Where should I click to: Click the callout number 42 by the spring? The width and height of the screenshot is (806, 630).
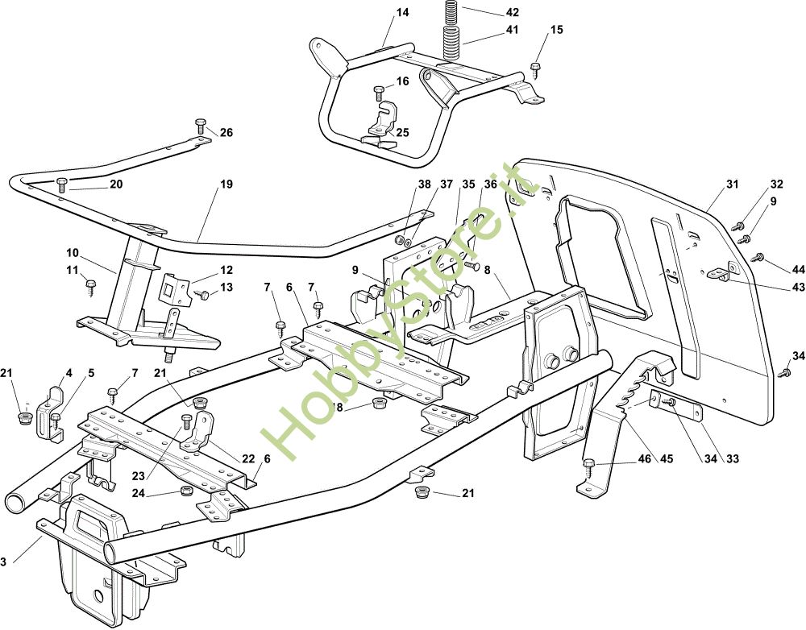click(x=512, y=12)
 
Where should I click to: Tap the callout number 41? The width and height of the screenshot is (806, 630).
click(x=512, y=30)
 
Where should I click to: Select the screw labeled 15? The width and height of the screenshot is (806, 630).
click(x=536, y=69)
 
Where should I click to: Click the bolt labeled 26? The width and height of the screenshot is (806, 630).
click(x=201, y=126)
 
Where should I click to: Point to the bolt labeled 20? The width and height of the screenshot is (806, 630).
click(x=62, y=184)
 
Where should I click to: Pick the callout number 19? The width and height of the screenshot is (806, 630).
click(x=226, y=184)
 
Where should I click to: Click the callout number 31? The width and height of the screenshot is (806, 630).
click(x=732, y=184)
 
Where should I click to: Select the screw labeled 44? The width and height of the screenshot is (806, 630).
click(x=758, y=257)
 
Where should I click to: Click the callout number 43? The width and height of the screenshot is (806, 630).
click(x=798, y=288)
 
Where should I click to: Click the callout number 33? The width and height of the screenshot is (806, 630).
click(x=732, y=458)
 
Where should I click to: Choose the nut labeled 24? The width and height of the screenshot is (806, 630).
click(x=185, y=491)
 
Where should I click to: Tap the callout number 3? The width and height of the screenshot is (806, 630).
click(x=3, y=562)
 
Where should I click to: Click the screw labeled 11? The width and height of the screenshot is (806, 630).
click(x=92, y=287)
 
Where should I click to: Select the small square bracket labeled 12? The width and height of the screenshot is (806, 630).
click(x=173, y=286)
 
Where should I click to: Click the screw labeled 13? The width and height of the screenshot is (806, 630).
click(x=201, y=295)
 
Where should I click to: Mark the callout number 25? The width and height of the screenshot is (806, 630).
click(x=402, y=133)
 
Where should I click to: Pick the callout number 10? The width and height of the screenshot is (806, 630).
click(x=73, y=253)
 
